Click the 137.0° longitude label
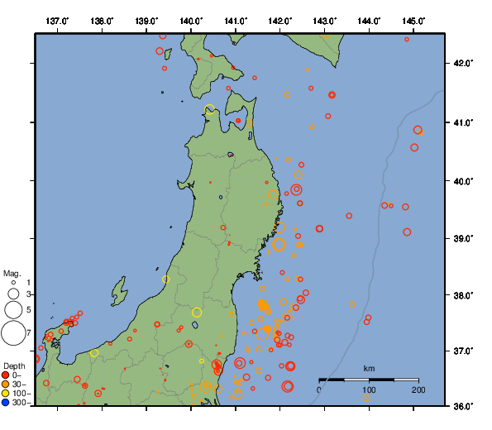point(57,20)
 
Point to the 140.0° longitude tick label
point(191,20)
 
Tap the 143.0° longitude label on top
point(324,20)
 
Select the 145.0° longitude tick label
point(413,20)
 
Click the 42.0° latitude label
point(466,63)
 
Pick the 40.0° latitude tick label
point(466,180)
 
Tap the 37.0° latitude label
point(466,351)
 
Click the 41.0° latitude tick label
point(466,122)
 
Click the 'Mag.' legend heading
point(12,273)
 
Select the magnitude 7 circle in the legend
point(13,333)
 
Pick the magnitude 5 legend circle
point(13,309)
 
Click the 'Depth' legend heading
point(14,365)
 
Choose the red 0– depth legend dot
point(7,376)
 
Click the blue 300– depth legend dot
point(7,403)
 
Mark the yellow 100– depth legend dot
point(7,394)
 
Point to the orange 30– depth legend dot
point(7,385)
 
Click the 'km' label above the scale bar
point(369,368)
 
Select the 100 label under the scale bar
point(369,389)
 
